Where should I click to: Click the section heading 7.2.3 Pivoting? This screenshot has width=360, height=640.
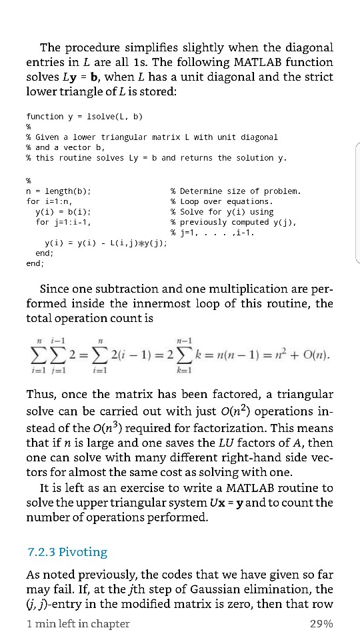coord(67,552)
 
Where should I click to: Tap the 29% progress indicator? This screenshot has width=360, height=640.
coord(321,623)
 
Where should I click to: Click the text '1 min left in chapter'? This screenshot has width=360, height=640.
coord(78,623)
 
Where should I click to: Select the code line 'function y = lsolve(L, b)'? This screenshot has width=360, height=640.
coord(85,116)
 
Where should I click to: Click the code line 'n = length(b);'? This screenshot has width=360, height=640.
coord(59,191)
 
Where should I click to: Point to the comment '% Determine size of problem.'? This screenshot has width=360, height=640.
coord(236,191)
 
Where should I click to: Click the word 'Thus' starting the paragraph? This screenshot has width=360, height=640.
coord(42,395)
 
